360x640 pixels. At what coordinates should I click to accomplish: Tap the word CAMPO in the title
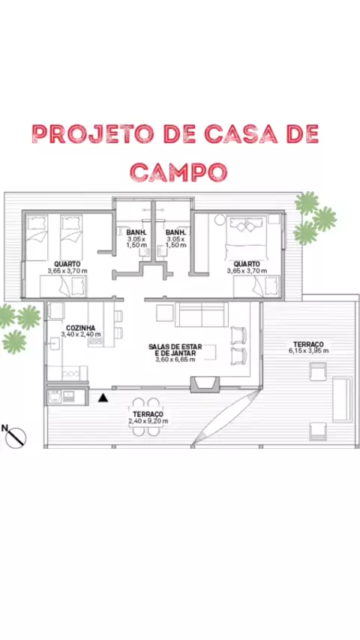click(x=178, y=172)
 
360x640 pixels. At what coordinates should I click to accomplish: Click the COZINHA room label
click(x=80, y=327)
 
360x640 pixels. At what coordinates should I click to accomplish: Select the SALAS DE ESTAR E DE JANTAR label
click(x=175, y=350)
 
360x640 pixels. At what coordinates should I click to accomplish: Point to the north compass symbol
click(x=15, y=436)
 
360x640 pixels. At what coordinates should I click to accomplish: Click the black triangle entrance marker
click(x=103, y=397)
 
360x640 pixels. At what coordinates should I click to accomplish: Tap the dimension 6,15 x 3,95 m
click(x=308, y=351)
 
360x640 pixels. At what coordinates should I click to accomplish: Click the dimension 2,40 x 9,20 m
click(x=148, y=421)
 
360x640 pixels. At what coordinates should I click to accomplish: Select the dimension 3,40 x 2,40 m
click(x=81, y=334)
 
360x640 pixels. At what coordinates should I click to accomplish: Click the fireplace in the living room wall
click(x=205, y=384)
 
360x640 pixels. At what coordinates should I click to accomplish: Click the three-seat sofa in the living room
click(x=202, y=315)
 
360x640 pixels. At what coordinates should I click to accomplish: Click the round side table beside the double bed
click(x=220, y=220)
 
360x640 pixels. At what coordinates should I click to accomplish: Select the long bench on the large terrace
click(x=341, y=399)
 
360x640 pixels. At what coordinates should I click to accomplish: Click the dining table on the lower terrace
click(x=146, y=417)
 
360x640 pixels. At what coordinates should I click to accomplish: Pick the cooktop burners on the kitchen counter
click(x=70, y=373)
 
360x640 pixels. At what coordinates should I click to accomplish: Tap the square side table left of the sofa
click(x=165, y=313)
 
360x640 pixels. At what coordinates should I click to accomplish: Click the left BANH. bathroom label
click(x=133, y=232)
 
